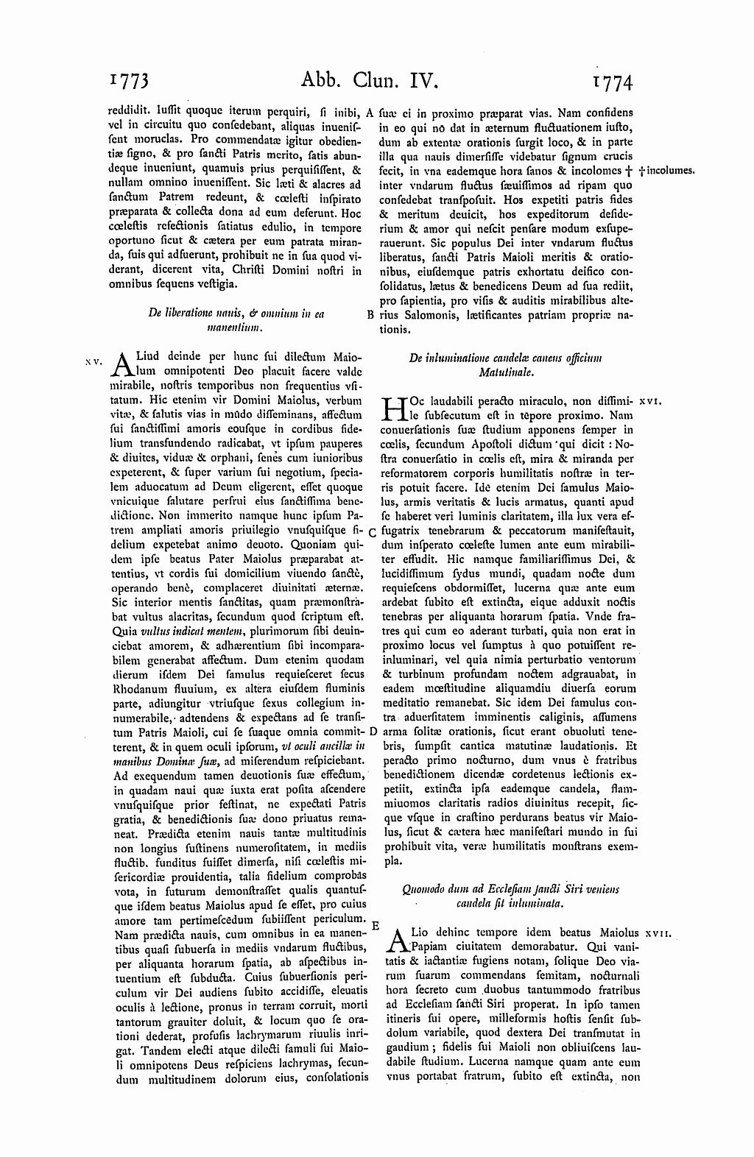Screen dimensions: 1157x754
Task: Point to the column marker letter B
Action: [x=370, y=314]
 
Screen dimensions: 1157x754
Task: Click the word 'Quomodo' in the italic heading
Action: [x=423, y=889]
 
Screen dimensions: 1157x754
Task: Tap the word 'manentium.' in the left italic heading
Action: [x=236, y=327]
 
